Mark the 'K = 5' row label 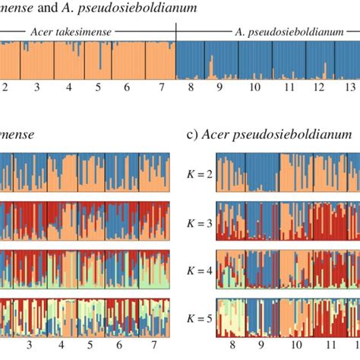click(196, 315)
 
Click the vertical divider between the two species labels click(175, 32)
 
